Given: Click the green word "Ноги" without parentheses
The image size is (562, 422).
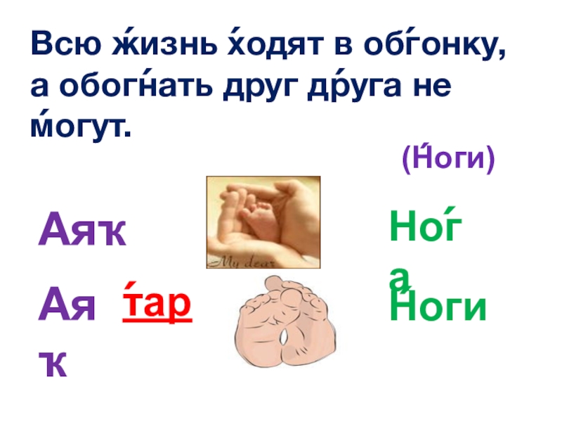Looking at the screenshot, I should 438,307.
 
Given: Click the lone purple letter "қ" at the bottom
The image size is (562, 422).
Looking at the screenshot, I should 53,364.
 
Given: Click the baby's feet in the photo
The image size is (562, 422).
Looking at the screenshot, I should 249,218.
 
